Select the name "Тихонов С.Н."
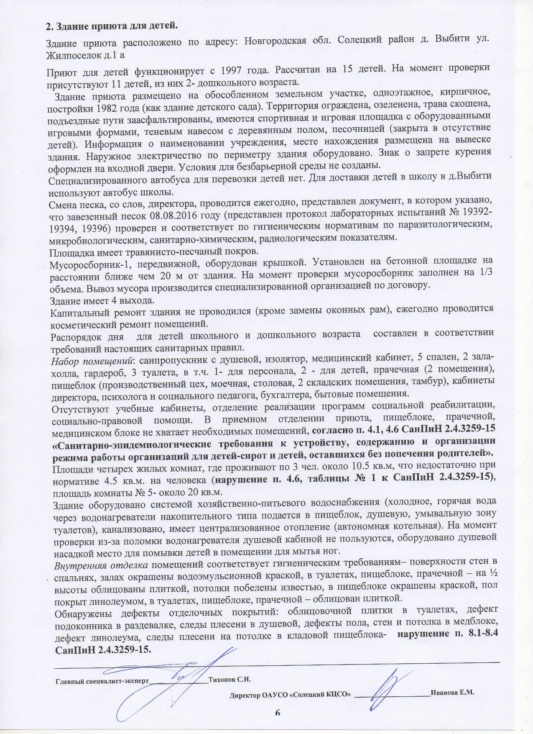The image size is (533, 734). (x=229, y=679)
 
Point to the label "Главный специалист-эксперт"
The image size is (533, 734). (x=102, y=681)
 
